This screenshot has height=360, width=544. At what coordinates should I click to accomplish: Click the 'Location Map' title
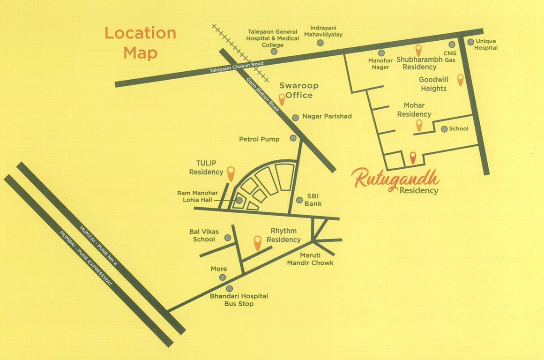click(x=140, y=43)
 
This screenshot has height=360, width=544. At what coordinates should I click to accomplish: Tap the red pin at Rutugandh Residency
click(x=413, y=157)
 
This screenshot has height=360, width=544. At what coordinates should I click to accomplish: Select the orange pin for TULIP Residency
click(x=231, y=173)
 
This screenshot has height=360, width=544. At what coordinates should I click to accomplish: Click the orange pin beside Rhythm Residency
click(x=257, y=242)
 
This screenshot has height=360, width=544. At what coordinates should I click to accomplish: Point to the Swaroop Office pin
click(x=282, y=99)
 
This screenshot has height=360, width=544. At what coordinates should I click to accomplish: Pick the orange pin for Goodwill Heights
click(x=460, y=80)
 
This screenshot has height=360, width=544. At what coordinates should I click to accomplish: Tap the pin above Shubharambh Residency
click(x=419, y=49)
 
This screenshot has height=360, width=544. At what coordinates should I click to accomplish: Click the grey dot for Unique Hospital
click(x=470, y=42)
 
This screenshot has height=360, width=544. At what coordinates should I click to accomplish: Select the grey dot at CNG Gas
click(x=452, y=45)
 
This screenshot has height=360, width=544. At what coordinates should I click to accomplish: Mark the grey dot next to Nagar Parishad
click(x=295, y=118)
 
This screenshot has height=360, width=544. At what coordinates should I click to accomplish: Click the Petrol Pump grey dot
click(x=293, y=138)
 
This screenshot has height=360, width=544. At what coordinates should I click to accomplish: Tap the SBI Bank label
click(x=313, y=200)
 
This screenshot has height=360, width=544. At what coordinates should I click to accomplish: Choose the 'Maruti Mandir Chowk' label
click(x=310, y=259)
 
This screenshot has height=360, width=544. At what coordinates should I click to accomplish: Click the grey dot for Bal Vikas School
click(x=228, y=238)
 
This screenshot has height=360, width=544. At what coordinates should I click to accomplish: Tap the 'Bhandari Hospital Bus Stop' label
click(x=238, y=300)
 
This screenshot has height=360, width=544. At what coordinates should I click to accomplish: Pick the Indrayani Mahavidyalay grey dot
click(x=320, y=43)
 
